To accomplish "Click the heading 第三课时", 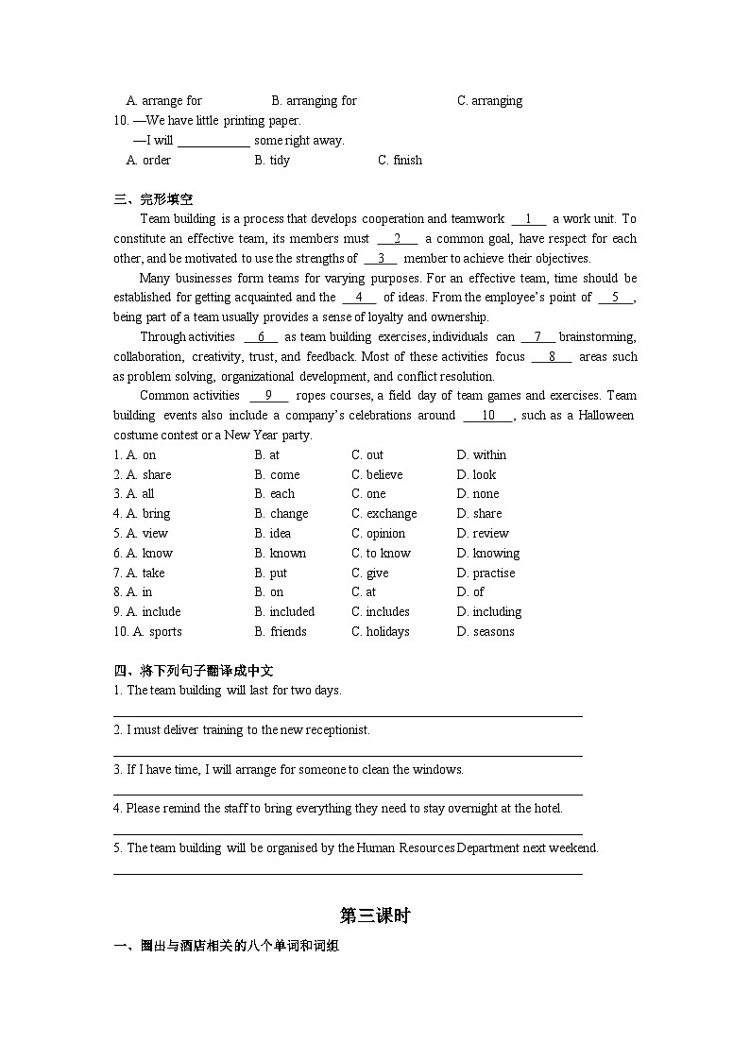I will pos(374,916).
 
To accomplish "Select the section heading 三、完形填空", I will pos(153,199).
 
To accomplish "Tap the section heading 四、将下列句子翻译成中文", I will pos(194,671).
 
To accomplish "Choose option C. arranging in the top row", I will pos(489,101).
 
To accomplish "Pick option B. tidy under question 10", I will pos(272,161).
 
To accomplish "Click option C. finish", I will pos(400,161).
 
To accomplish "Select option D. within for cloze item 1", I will pos(481,455).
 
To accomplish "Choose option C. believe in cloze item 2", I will pos(377,475).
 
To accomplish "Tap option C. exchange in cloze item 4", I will pos(384,514).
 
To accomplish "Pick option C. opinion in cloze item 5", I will pos(378,534).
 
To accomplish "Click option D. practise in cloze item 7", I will pos(486,573).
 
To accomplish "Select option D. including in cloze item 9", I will pos(488,612).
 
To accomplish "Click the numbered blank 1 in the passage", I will pos(529,219).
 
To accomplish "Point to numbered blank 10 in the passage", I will pos(488,416).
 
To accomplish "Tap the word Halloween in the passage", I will pos(605,416).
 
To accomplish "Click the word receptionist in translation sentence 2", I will pos(337,730).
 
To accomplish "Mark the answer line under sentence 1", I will pos(348,715).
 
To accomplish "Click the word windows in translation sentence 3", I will pos(439,770).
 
